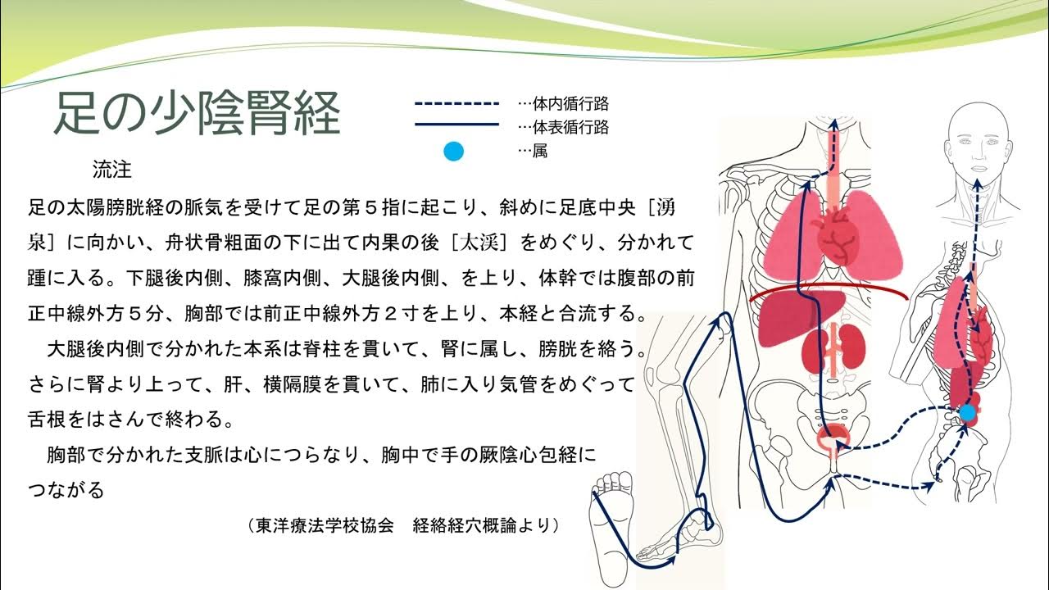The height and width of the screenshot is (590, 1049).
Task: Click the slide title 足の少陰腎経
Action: click(197, 112)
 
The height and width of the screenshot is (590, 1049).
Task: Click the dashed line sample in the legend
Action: click(456, 104)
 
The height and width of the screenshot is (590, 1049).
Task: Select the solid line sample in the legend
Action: click(456, 125)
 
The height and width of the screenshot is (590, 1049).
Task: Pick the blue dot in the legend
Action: click(453, 151)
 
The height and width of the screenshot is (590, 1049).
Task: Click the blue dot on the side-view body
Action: click(968, 412)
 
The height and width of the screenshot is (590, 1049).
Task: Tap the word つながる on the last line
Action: click(66, 490)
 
